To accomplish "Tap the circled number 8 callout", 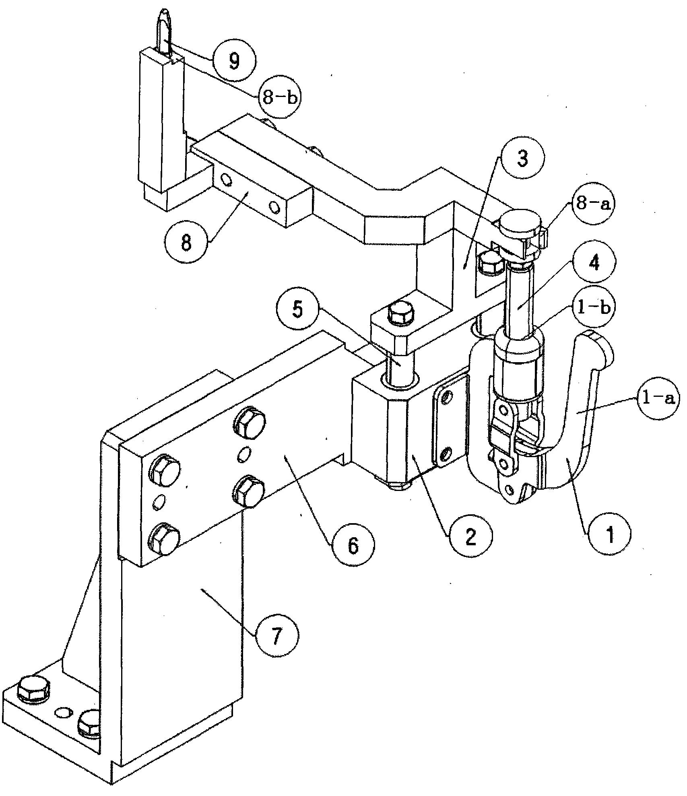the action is click(186, 243).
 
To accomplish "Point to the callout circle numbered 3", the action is click(522, 159).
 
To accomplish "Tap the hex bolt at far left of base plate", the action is click(34, 691).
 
